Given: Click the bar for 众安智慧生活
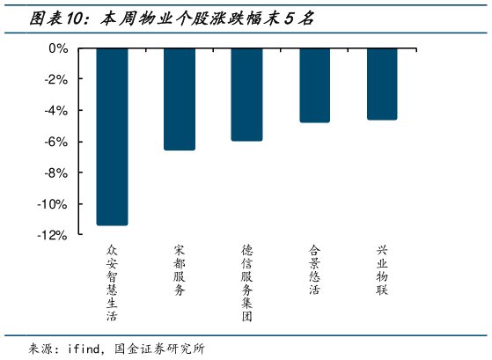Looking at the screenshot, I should (x=112, y=136).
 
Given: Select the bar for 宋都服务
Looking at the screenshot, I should (x=180, y=99).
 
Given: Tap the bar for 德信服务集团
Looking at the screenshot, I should (x=246, y=94).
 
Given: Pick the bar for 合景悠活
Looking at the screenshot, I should (x=314, y=84).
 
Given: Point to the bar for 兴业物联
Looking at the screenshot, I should (x=382, y=84).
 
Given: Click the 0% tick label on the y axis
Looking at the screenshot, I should (x=58, y=48).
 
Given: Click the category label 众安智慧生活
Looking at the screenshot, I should (x=112, y=283).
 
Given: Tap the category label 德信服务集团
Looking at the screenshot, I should (x=247, y=283).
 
